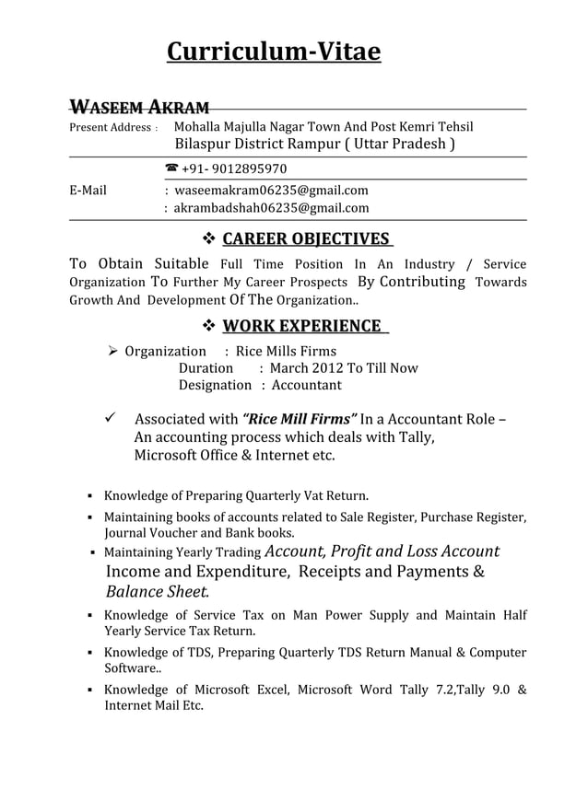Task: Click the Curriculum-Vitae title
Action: tap(273, 52)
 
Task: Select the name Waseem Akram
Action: tap(140, 107)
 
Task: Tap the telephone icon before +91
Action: tap(171, 169)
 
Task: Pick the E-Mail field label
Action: tap(88, 191)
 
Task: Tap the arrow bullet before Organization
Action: tap(111, 351)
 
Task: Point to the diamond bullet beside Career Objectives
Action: tap(207, 240)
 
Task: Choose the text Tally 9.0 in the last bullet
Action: tap(471, 690)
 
